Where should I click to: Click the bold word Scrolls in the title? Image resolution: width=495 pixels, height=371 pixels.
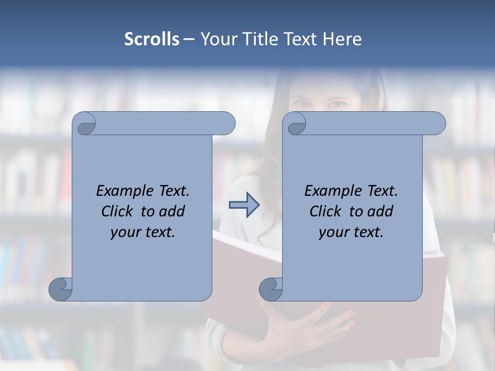pos(152,39)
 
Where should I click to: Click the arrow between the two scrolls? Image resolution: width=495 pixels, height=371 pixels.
pos(244,205)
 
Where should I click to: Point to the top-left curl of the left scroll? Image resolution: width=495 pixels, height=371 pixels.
pos(86,124)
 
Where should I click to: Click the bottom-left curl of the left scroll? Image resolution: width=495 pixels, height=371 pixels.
pos(60,289)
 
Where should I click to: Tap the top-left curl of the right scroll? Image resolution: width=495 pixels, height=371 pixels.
pos(296,124)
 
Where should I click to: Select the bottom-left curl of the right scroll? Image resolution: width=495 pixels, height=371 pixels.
pos(270,289)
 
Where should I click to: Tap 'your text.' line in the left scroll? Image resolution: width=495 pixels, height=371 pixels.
pos(143,232)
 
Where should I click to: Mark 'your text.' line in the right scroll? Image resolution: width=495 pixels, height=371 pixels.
pos(351,232)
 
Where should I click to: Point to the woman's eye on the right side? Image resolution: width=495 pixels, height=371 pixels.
pos(338,105)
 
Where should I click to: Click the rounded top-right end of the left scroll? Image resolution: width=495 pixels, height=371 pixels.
pos(227,124)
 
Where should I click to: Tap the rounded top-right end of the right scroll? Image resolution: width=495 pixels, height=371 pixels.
pos(437,124)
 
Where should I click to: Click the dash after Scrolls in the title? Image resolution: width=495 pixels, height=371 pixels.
pos(189,40)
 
